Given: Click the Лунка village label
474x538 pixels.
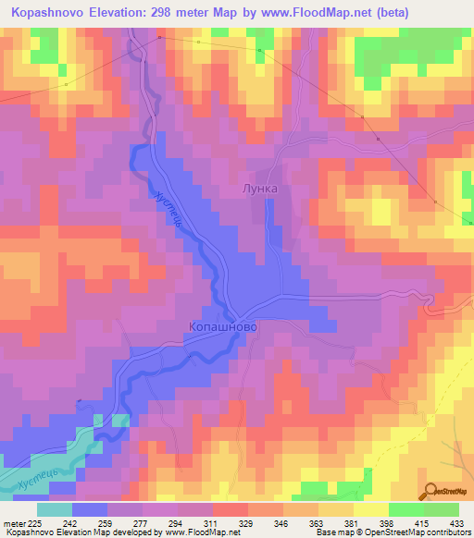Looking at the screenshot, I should [x=259, y=188].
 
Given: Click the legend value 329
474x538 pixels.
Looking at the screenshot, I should [x=247, y=522].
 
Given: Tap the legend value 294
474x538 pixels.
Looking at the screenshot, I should [x=177, y=522].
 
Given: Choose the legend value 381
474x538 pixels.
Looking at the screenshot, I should [x=353, y=522].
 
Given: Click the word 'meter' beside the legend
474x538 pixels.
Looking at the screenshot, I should [x=12, y=522].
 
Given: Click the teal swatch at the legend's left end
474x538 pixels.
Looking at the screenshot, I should [x=55, y=509].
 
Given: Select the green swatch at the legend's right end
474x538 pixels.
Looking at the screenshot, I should [x=442, y=509].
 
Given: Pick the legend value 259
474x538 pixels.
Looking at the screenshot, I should [x=106, y=522].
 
